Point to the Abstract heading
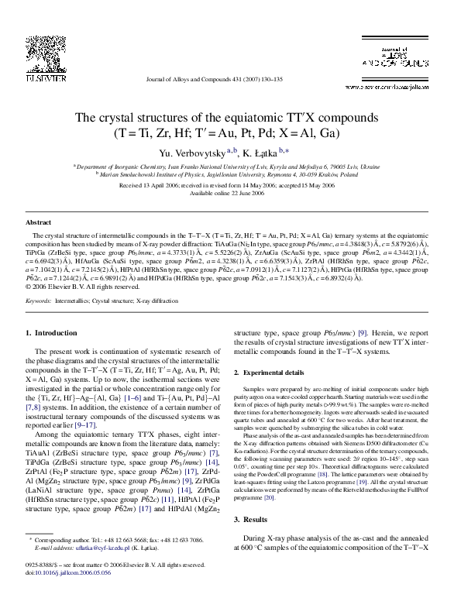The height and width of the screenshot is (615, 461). pos(39,222)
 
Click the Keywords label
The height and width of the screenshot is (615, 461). pos(39,298)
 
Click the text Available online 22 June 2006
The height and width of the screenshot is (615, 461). pos(230,193)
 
